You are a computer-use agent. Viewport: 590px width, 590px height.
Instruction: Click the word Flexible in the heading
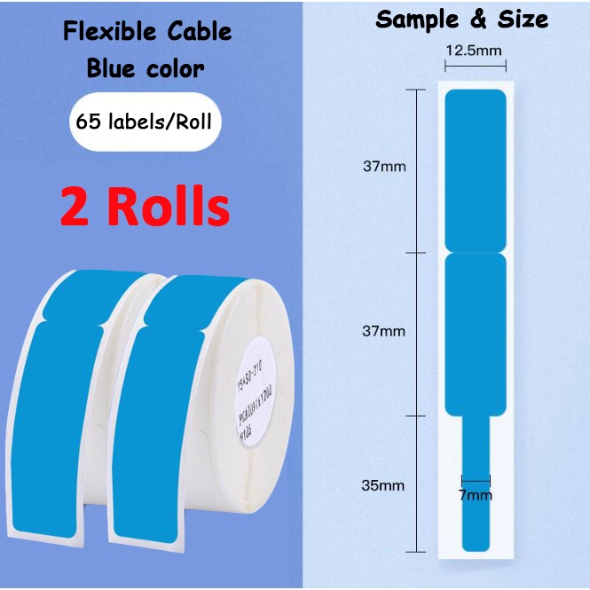[x=105, y=33]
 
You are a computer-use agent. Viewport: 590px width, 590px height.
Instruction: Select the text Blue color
[x=146, y=68]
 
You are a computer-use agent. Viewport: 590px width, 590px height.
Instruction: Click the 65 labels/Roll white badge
[x=144, y=122]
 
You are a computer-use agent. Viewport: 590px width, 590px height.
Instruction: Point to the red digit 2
[x=76, y=207]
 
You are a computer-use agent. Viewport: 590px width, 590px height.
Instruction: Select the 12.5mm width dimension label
[x=475, y=51]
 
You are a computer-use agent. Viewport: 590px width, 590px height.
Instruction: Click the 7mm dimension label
[x=476, y=494]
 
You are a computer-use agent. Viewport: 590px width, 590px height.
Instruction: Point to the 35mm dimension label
[x=384, y=485]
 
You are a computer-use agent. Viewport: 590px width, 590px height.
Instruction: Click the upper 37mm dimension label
[x=384, y=165]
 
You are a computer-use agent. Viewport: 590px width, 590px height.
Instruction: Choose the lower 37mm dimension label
[x=384, y=331]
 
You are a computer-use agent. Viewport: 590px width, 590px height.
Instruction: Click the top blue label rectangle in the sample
[x=475, y=169]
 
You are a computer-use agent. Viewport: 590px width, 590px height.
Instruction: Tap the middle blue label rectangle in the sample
[x=475, y=333]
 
